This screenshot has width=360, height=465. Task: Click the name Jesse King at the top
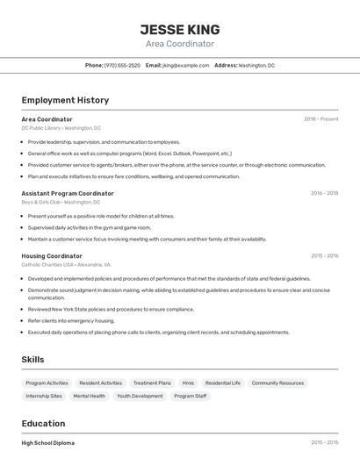pyautogui.click(x=179, y=29)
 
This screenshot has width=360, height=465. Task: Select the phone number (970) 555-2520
pyautogui.click(x=122, y=65)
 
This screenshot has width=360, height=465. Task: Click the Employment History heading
pyautogui.click(x=65, y=100)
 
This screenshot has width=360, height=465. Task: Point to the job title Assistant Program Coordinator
pyautogui.click(x=68, y=193)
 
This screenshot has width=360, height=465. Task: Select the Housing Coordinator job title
pyautogui.click(x=52, y=255)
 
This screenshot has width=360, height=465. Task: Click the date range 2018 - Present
pyautogui.click(x=320, y=118)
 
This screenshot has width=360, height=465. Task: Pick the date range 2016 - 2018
pyautogui.click(x=324, y=193)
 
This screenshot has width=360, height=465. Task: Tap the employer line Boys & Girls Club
pyautogui.click(x=61, y=202)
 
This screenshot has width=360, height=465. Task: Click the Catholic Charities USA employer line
pyautogui.click(x=66, y=264)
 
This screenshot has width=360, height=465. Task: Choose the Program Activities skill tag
pyautogui.click(x=47, y=383)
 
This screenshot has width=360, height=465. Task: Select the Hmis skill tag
pyautogui.click(x=188, y=383)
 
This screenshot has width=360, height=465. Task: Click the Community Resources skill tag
pyautogui.click(x=277, y=383)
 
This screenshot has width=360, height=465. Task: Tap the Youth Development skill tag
pyautogui.click(x=140, y=396)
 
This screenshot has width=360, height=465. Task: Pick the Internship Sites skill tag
pyautogui.click(x=44, y=396)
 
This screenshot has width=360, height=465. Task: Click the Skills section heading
pyautogui.click(x=32, y=359)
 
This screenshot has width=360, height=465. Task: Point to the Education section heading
pyautogui.click(x=43, y=423)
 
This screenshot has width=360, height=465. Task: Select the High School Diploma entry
pyautogui.click(x=47, y=443)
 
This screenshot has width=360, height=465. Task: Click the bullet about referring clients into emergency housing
pyautogui.click(x=71, y=321)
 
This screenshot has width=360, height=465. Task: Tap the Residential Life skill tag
pyautogui.click(x=222, y=383)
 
